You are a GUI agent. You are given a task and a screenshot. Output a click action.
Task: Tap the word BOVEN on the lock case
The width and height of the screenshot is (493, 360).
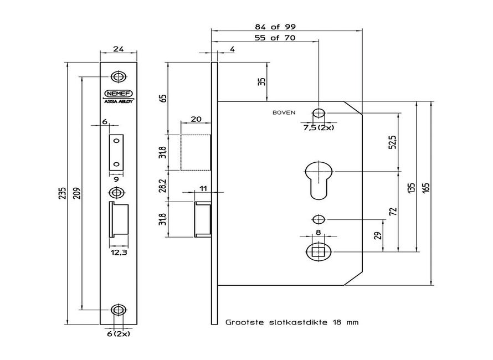(x=284, y=112)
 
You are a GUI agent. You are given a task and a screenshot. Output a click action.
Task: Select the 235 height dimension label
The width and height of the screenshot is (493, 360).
(x=64, y=192)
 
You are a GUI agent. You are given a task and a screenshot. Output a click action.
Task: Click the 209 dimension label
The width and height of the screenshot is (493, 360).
(x=78, y=192)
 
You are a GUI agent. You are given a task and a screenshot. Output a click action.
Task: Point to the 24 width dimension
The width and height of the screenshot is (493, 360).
(x=117, y=49)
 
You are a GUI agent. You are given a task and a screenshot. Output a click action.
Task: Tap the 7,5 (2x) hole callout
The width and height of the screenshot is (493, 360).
(x=319, y=127)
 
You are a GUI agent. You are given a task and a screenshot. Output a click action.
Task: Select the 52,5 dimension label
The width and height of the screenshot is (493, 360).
(x=392, y=143)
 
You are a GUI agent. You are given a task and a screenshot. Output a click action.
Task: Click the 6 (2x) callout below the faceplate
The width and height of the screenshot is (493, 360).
(x=118, y=334)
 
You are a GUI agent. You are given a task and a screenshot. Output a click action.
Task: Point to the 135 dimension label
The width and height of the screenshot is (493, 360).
(x=410, y=188)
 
